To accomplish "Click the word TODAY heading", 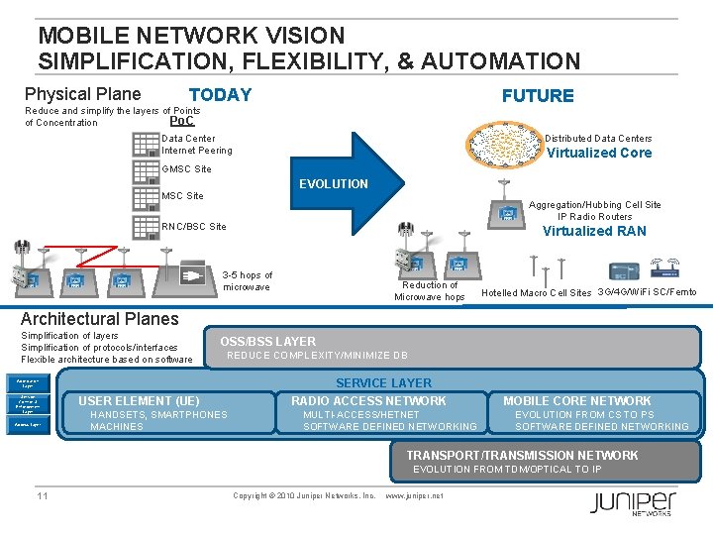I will point(220,95).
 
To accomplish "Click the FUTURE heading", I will point(538,95).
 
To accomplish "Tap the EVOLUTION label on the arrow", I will point(333,183).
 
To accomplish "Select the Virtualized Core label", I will point(599,153).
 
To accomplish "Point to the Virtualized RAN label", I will point(594,231).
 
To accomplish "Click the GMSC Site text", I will point(186,169).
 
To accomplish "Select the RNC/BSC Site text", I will point(193,226).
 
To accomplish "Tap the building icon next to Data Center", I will point(146,145).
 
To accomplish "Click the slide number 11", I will point(43,495).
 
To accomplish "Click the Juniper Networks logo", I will point(633,502).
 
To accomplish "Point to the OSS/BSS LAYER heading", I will point(267,341).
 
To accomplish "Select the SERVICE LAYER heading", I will point(383,382).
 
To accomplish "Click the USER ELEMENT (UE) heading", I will point(139,400).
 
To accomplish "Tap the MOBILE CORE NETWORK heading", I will point(576,400).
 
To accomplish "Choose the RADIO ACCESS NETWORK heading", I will point(368,400).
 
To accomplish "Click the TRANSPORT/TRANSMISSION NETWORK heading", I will point(523,455).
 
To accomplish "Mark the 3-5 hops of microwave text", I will point(247,280).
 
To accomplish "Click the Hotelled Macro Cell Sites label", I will point(536,293).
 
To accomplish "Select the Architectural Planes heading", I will point(100,319).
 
